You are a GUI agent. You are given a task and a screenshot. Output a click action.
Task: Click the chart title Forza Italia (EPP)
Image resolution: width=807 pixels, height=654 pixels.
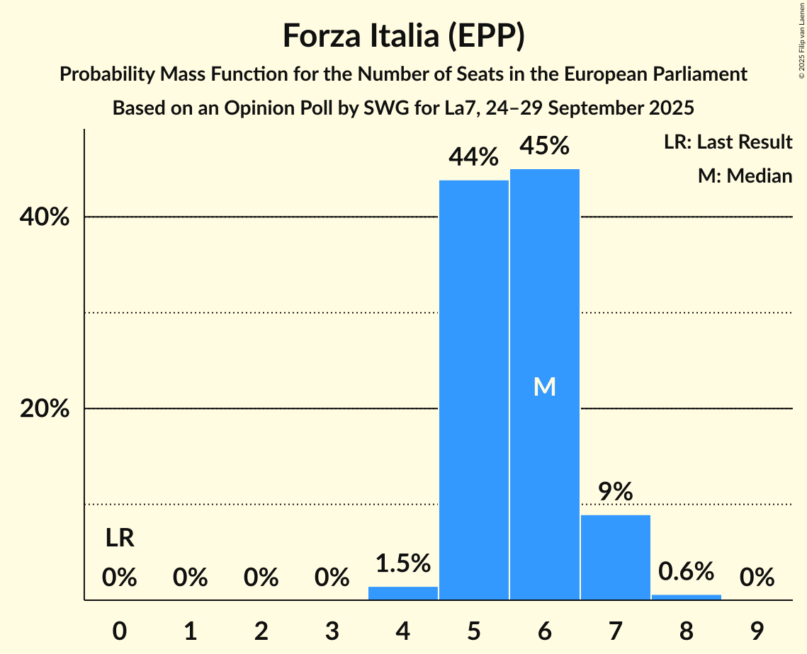403,35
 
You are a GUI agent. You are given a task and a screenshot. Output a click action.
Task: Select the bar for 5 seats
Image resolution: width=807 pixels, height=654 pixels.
474,389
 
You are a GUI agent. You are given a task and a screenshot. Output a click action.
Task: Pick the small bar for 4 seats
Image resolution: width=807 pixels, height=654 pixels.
403,593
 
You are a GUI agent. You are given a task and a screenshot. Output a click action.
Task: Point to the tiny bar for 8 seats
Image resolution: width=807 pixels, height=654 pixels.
686,597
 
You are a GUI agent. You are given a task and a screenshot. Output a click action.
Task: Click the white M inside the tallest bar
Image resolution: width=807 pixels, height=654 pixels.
544,386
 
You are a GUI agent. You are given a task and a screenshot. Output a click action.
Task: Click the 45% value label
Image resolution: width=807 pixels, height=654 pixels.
544,146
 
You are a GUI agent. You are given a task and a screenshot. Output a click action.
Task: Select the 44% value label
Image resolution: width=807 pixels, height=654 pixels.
474,157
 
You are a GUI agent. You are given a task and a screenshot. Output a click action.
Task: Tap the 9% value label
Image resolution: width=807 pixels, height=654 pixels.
615,491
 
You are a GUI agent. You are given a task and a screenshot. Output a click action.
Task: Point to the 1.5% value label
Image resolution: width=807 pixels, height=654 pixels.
403,563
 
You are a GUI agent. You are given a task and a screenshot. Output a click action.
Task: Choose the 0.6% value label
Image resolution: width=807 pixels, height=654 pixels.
686,570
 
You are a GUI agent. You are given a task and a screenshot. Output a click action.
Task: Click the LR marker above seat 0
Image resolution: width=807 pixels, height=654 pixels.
120,539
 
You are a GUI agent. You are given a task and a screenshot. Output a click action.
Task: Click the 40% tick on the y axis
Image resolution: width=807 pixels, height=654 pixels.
44,217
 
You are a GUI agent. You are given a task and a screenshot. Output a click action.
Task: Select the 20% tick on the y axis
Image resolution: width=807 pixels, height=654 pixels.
44,409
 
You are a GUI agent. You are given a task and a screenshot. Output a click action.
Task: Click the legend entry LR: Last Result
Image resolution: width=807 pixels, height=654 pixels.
728,142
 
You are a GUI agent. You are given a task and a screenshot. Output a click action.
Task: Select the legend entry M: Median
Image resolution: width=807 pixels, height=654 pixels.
745,176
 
